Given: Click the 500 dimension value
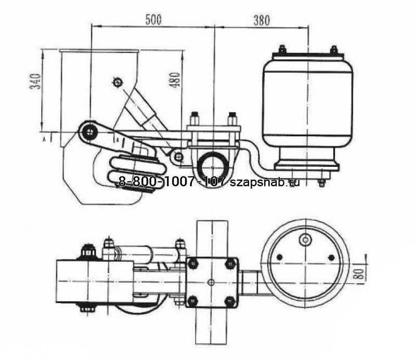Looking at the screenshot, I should pyautogui.click(x=152, y=20).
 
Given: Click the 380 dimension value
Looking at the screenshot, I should pyautogui.click(x=261, y=20).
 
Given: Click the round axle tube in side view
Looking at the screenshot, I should pyautogui.click(x=213, y=167).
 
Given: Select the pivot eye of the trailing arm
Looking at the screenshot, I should pyautogui.click(x=91, y=131).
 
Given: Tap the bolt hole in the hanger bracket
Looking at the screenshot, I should pyautogui.click(x=117, y=82).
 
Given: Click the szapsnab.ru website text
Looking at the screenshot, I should pyautogui.click(x=264, y=182).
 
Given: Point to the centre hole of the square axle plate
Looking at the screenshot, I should pyautogui.click(x=211, y=283).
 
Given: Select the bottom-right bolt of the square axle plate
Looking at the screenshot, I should pyautogui.click(x=228, y=301).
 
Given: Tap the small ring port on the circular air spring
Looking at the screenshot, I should pyautogui.click(x=306, y=239).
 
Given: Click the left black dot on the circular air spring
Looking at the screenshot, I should pyautogui.click(x=279, y=257).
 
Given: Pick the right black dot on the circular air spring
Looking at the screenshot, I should pyautogui.click(x=332, y=257).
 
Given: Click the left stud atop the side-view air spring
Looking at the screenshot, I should pyautogui.click(x=282, y=49).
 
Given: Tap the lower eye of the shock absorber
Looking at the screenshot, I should pyautogui.click(x=179, y=156).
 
